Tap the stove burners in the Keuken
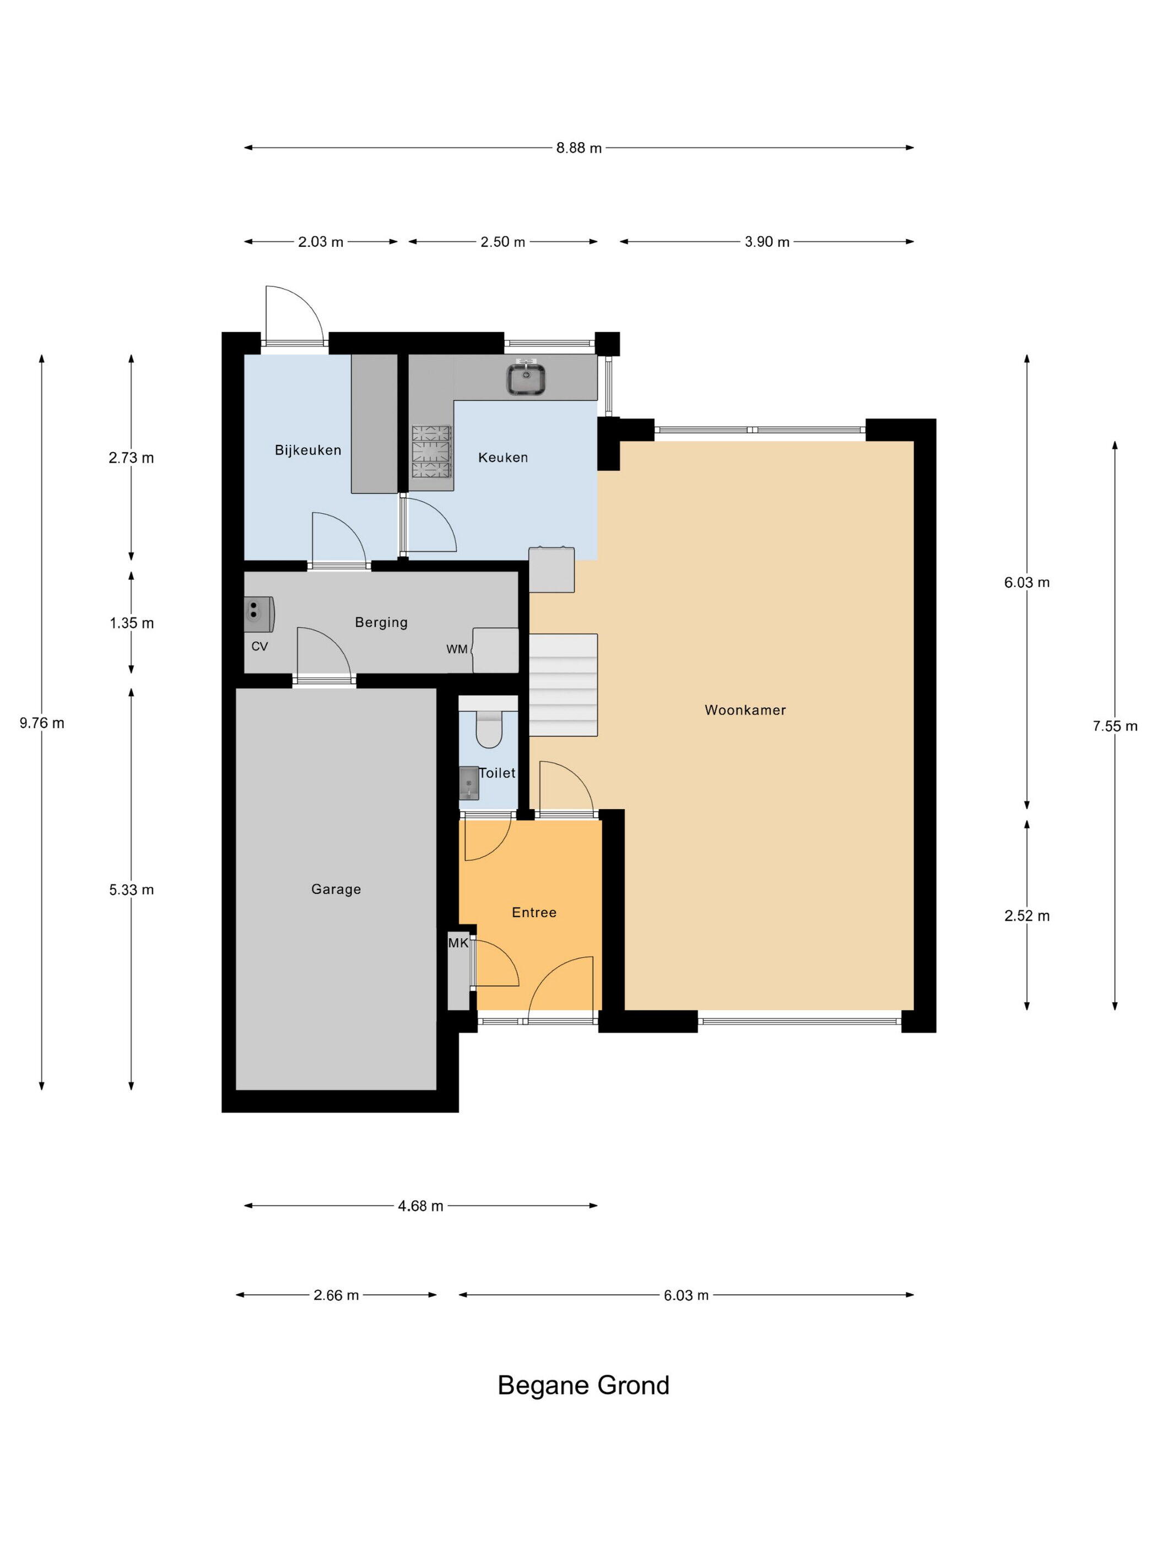pos(432,451)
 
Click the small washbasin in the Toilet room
pos(469,783)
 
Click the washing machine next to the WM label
pos(495,650)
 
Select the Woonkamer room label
pos(745,710)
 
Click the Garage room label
pos(336,889)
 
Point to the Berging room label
pos(381,622)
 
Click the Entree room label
pos(533,913)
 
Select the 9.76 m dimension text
pos(42,723)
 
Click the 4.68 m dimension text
pos(420,1206)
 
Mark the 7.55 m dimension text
pos(1115,726)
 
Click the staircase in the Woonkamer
pos(563,685)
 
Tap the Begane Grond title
pos(583,1385)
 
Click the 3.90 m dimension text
pos(766,242)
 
